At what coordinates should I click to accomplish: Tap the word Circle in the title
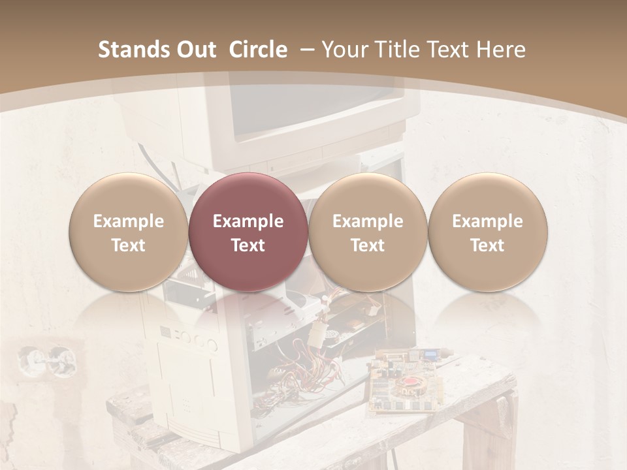(258, 50)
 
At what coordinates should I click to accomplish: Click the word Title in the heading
(398, 50)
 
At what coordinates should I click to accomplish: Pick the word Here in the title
(500, 50)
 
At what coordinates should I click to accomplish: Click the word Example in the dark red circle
(248, 221)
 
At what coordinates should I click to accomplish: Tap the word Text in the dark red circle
(248, 245)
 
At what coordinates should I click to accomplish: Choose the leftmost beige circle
(129, 232)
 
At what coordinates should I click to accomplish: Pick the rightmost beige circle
(488, 232)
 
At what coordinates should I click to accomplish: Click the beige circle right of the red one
(368, 232)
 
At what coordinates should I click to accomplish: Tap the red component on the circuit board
(409, 382)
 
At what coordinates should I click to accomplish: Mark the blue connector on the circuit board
(431, 356)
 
